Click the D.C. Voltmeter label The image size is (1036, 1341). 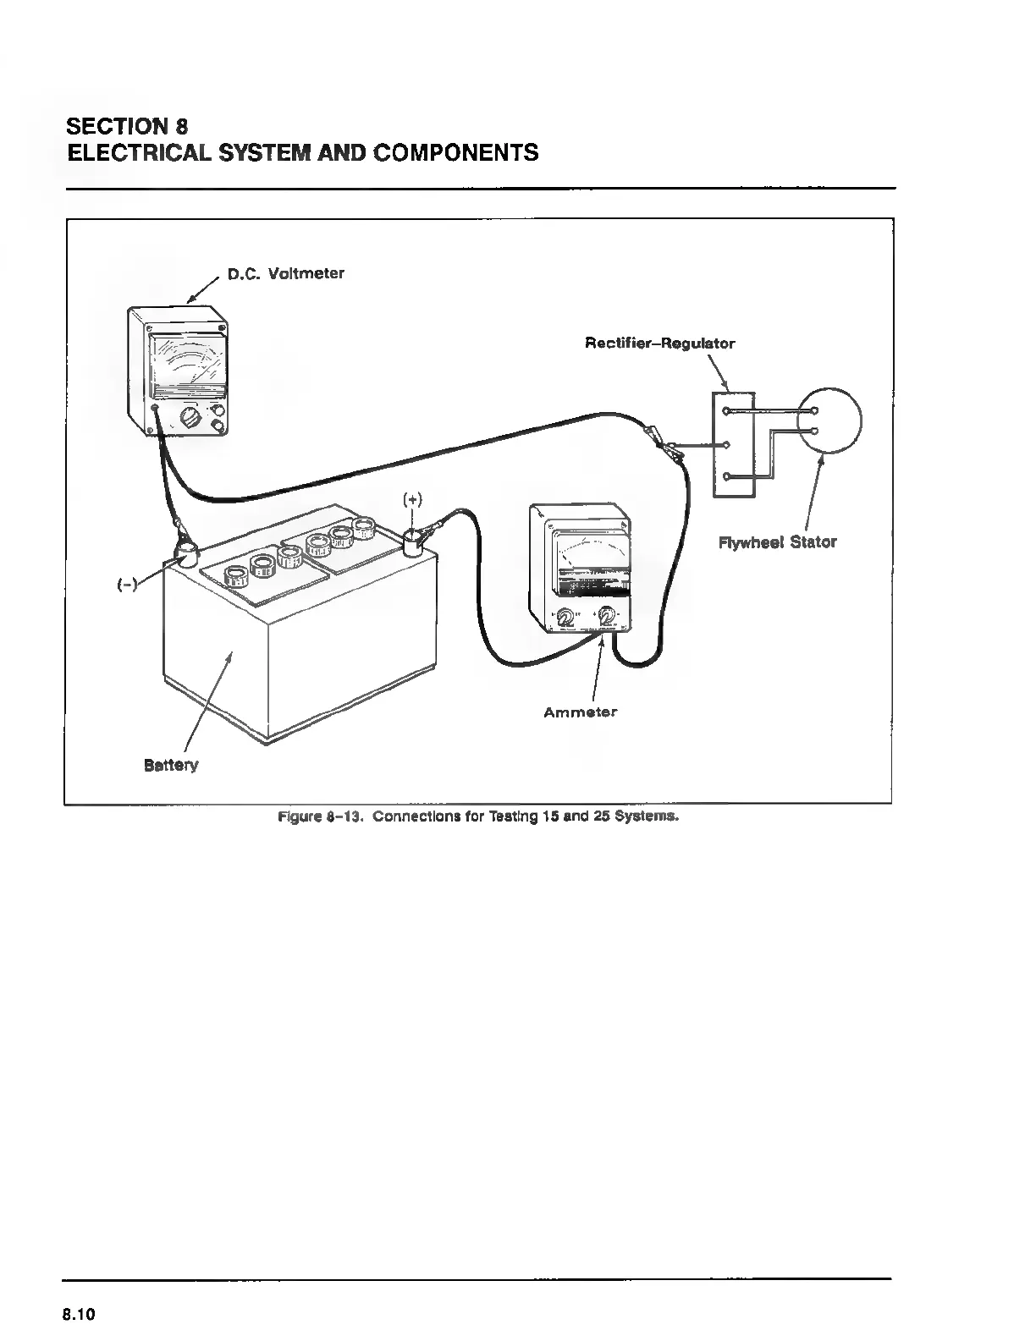tap(285, 274)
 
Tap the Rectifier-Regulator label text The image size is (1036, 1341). tap(659, 343)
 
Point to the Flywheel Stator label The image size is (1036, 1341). tap(777, 542)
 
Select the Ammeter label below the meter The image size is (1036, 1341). tap(580, 712)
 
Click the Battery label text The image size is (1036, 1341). tap(171, 766)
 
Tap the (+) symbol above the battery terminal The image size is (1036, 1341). tap(412, 499)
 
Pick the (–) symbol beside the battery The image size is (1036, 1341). tap(128, 585)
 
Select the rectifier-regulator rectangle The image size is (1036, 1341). tap(733, 444)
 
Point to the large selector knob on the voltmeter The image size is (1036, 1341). tap(190, 418)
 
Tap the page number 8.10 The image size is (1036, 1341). tap(80, 1315)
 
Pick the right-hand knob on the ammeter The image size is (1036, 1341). tap(607, 617)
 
